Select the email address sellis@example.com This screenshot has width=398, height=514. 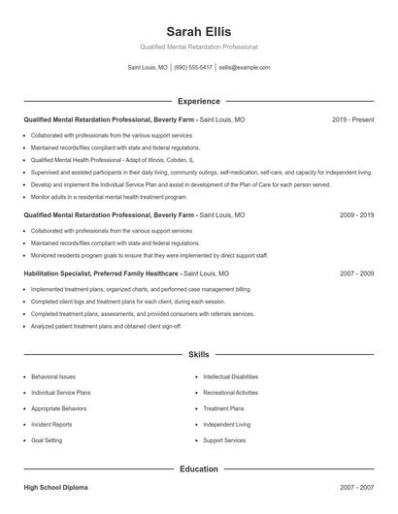(x=244, y=68)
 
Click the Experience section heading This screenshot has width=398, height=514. (x=198, y=101)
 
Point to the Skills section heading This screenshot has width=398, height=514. (x=198, y=356)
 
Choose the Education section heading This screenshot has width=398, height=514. (x=198, y=468)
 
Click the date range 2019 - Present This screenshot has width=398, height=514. (x=352, y=119)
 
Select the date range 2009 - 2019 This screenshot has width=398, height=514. (x=356, y=214)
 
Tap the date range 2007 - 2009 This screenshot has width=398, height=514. (x=356, y=273)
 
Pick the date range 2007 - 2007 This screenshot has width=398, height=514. (x=356, y=487)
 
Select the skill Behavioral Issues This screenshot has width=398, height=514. (x=53, y=376)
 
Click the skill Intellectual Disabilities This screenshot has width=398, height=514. (x=230, y=376)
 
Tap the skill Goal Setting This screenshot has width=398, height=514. (x=47, y=440)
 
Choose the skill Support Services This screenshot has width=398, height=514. (x=224, y=440)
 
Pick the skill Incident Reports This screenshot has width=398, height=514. (x=51, y=424)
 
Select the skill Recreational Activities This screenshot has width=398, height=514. (x=230, y=393)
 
